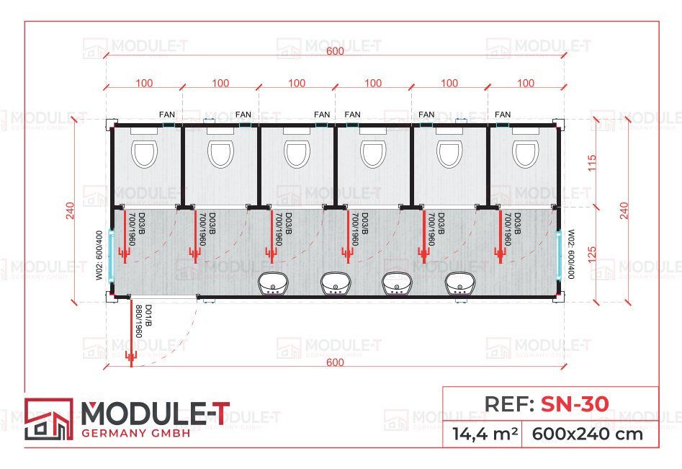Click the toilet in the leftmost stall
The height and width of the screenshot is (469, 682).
[x=145, y=153]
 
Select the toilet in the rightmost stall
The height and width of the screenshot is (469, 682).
[x=524, y=153]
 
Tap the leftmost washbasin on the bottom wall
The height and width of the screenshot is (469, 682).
[x=273, y=284]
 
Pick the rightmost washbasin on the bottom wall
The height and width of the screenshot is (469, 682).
[x=459, y=284]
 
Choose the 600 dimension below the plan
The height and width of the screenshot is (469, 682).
[x=335, y=362]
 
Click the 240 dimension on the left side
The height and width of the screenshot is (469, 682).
[x=70, y=210]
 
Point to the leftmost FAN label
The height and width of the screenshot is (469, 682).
[x=168, y=115]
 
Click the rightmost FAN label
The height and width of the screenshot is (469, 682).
[x=503, y=115]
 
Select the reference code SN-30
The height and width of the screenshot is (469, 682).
[x=574, y=404]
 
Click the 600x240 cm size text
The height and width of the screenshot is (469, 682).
[x=588, y=434]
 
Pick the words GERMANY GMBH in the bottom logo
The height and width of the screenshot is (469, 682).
[x=137, y=432]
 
